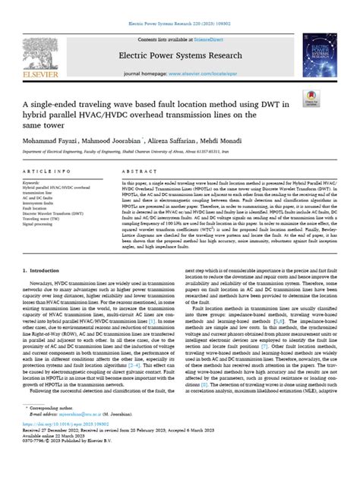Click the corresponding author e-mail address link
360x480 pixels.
coord(85,437)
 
